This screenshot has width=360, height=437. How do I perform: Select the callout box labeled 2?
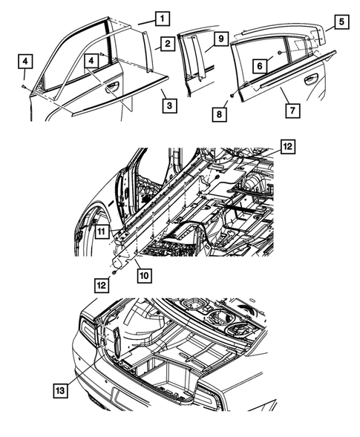pyautogui.click(x=168, y=45)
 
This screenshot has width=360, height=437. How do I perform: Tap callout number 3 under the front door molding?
pyautogui.click(x=169, y=106)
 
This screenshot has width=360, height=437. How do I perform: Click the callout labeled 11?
pyautogui.click(x=102, y=231)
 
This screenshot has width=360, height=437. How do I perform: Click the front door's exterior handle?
pyautogui.click(x=112, y=87)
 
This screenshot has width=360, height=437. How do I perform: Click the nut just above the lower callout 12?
pyautogui.click(x=117, y=272)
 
